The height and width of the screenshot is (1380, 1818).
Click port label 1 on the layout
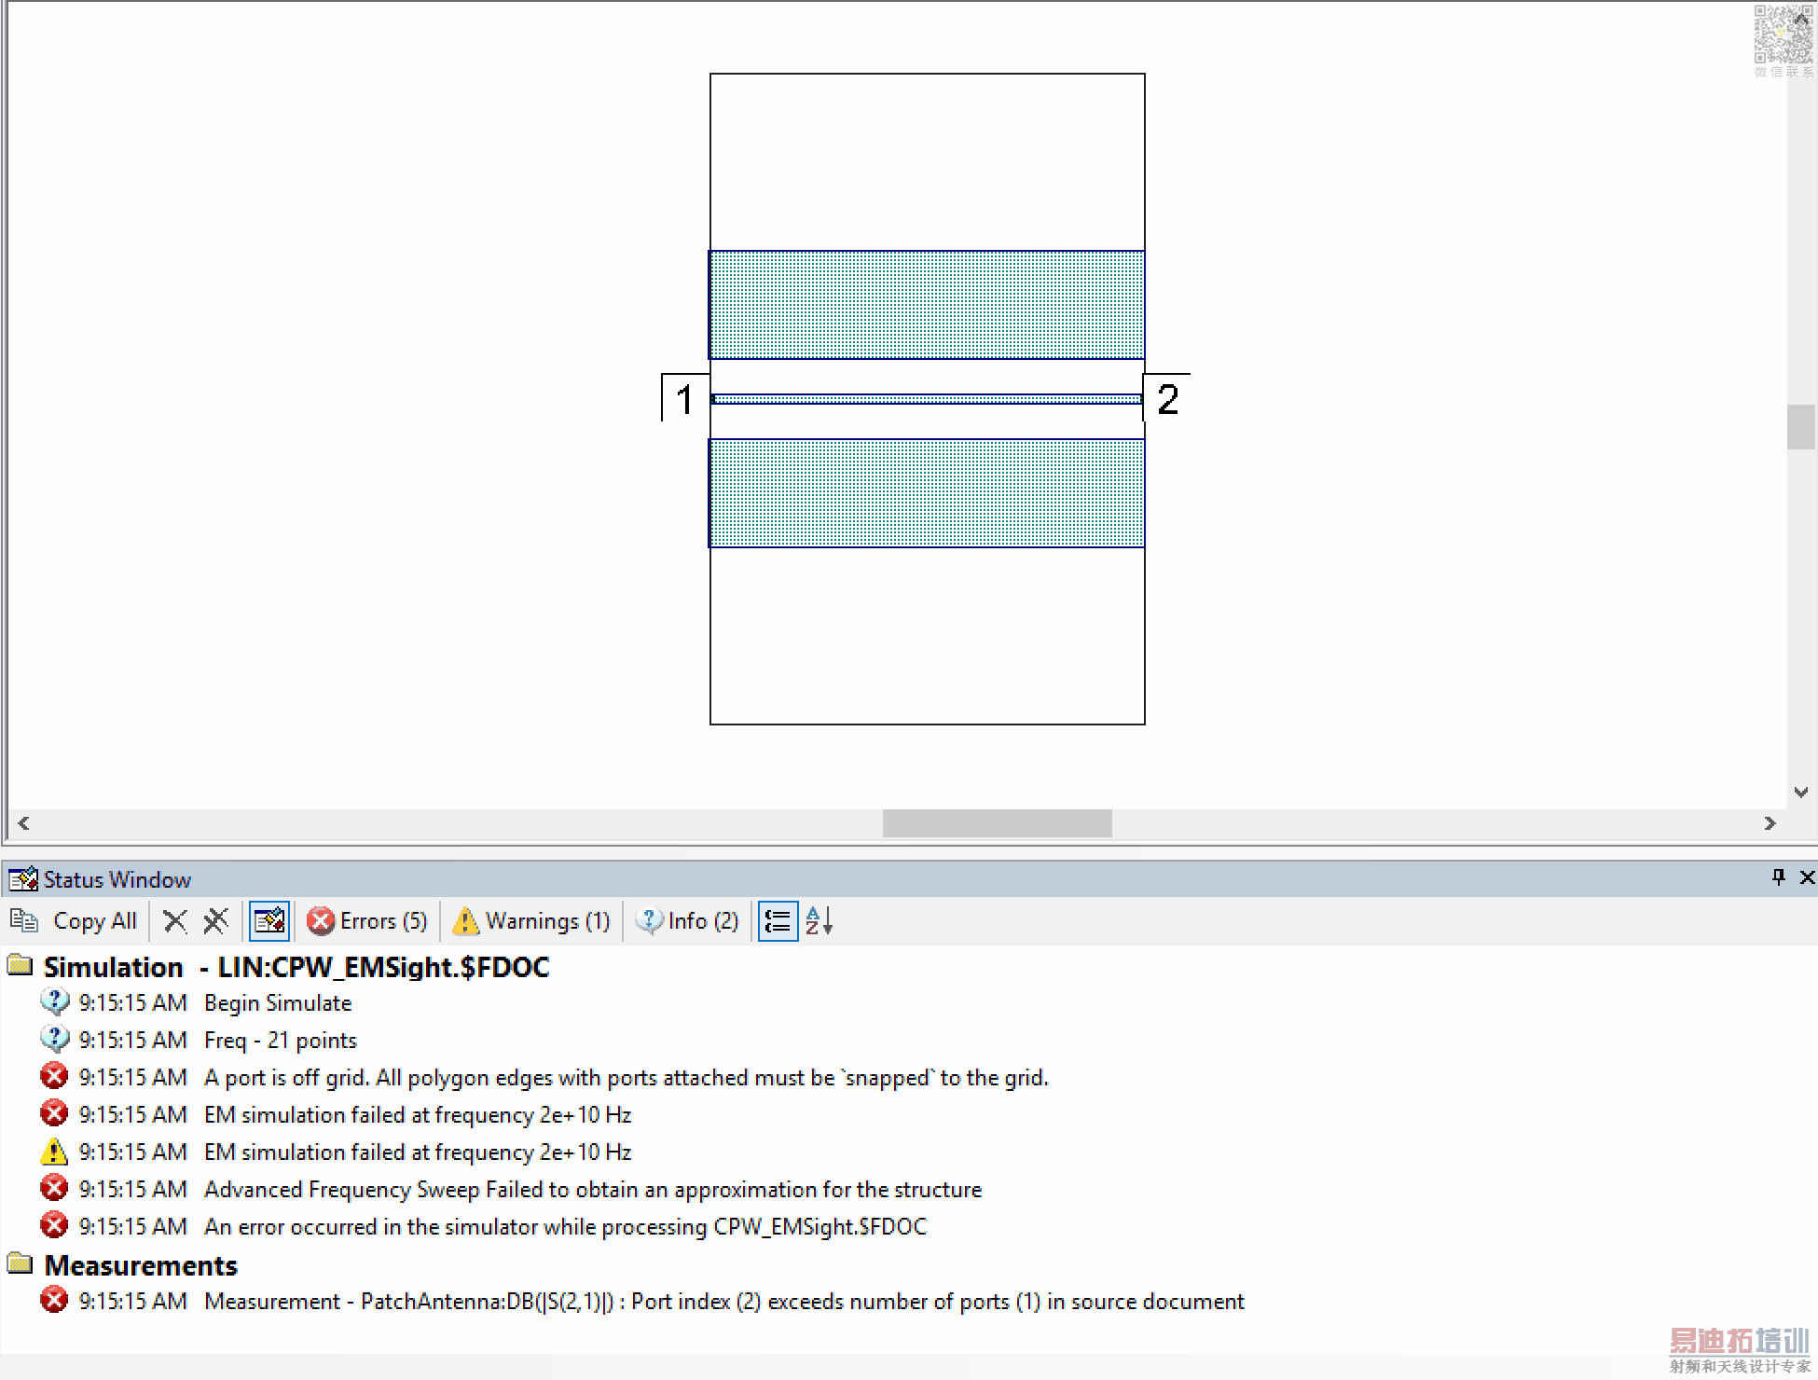[684, 399]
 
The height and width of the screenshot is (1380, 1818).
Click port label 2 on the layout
[1167, 399]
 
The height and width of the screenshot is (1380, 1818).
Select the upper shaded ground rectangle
[927, 305]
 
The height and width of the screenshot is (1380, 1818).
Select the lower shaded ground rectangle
[927, 492]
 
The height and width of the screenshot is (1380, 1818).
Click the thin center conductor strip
[927, 399]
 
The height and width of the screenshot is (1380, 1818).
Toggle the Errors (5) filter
[367, 921]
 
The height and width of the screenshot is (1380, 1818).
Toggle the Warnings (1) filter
[531, 921]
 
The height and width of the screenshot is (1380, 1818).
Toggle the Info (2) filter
[687, 921]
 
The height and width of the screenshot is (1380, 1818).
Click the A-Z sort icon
[819, 921]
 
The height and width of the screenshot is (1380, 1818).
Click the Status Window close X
[1807, 877]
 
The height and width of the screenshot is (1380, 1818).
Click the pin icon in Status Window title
[1778, 877]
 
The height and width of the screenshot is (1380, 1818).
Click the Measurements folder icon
[20, 1264]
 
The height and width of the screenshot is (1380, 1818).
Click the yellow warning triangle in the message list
[54, 1152]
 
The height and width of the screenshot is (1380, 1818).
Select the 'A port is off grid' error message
[626, 1078]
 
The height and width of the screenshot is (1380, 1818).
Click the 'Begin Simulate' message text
[278, 1003]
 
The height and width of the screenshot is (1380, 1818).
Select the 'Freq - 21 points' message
[280, 1041]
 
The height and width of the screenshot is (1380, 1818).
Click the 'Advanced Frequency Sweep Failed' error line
[593, 1190]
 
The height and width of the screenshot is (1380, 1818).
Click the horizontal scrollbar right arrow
[1770, 823]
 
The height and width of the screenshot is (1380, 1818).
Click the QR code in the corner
[1783, 35]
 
